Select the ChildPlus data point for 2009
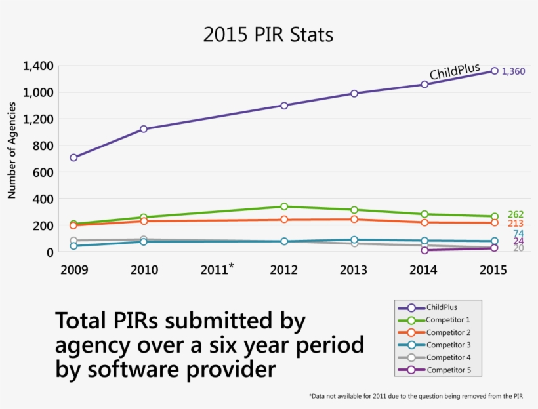pyautogui.click(x=73, y=157)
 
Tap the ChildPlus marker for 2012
pyautogui.click(x=284, y=106)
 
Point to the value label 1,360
pyautogui.click(x=513, y=71)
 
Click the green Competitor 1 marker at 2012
pyautogui.click(x=284, y=206)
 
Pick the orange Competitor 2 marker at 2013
pyautogui.click(x=354, y=219)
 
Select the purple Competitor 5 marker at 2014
pyautogui.click(x=424, y=250)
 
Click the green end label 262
pyautogui.click(x=516, y=215)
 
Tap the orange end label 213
pyautogui.click(x=516, y=224)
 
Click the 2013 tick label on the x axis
pyautogui.click(x=354, y=270)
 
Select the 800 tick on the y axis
pyautogui.click(x=41, y=146)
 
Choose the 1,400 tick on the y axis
pyautogui.click(x=37, y=66)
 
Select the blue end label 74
pyautogui.click(x=518, y=233)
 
